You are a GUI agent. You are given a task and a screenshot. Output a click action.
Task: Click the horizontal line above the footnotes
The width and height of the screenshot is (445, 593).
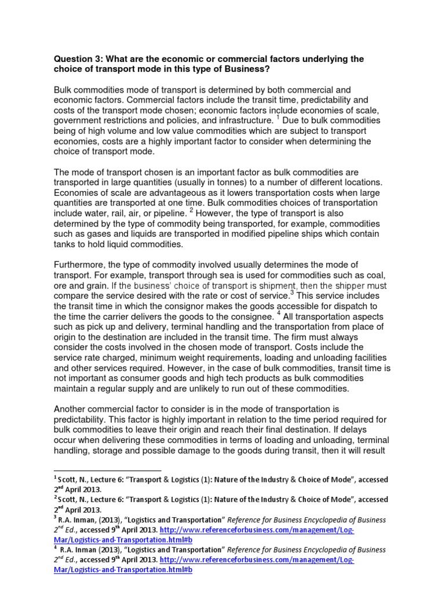click(107, 471)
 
